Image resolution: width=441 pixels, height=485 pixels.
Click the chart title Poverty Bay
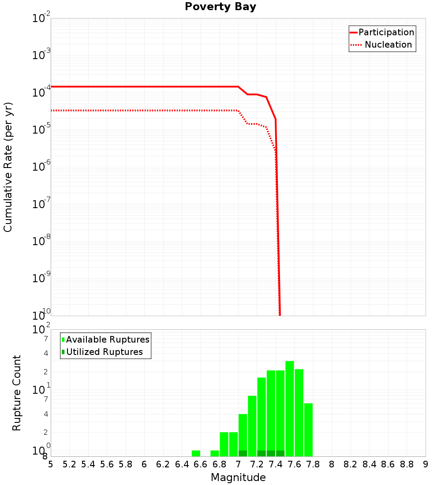pos(220,7)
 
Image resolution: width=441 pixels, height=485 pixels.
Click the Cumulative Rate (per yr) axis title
pos(8,167)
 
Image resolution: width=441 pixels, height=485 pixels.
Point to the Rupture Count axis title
pos(17,393)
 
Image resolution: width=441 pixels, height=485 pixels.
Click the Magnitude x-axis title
pos(238,478)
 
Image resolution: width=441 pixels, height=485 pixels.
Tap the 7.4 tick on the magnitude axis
pos(276,464)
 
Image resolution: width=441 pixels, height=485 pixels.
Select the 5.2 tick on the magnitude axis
pos(70,464)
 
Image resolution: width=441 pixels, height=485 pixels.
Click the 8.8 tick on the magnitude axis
pos(407,464)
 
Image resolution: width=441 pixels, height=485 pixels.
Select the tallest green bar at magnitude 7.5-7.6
pos(290,408)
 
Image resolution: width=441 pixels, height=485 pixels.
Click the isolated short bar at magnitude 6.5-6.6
pos(196,453)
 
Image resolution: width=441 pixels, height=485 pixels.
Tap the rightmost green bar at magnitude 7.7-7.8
pos(308,429)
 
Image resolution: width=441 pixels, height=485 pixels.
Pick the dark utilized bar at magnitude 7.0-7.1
pos(243,453)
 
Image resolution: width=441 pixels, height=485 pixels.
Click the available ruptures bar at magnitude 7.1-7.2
pos(252,425)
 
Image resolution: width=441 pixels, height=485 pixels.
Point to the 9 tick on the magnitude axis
pos(426,464)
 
